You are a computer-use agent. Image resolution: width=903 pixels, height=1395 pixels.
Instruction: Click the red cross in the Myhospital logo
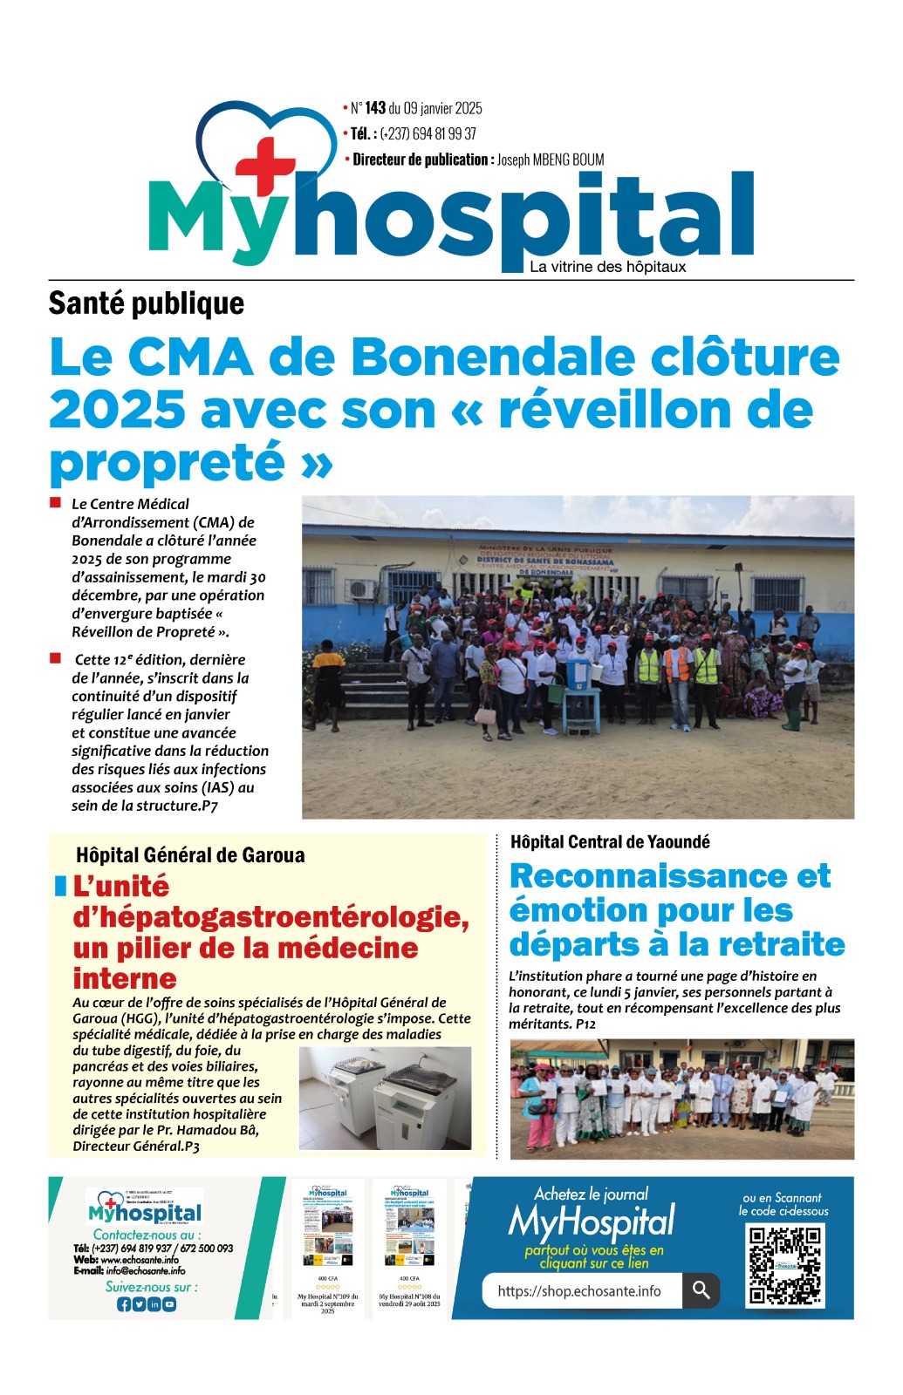[x=265, y=165]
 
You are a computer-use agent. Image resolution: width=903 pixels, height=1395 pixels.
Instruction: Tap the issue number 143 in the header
[x=375, y=108]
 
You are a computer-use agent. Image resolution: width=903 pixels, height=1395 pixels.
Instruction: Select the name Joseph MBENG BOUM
[x=550, y=160]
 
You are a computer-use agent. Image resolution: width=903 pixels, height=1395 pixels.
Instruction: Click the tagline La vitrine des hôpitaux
[x=607, y=267]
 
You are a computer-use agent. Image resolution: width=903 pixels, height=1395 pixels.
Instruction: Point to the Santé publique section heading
[x=147, y=303]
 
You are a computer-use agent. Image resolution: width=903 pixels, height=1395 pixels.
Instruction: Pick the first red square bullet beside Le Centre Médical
[x=56, y=503]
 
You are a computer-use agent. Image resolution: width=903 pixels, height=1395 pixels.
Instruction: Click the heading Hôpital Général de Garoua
[x=190, y=855]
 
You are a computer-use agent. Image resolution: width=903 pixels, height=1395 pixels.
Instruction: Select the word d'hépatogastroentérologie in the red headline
[x=270, y=917]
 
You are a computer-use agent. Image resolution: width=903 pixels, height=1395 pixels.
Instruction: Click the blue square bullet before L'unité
[x=60, y=887]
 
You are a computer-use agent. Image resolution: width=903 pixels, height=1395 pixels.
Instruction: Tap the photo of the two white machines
[x=385, y=1099]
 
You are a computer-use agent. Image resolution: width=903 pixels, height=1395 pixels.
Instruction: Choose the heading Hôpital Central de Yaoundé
[x=610, y=842]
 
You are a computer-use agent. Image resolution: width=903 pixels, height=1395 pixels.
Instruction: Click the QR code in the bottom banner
[x=784, y=1264]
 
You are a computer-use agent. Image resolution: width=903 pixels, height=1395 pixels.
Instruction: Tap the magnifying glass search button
[x=701, y=1290]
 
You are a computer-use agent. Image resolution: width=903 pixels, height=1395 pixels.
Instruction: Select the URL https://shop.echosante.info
[x=579, y=1291]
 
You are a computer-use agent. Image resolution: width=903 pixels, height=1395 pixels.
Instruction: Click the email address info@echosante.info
[x=146, y=1270]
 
